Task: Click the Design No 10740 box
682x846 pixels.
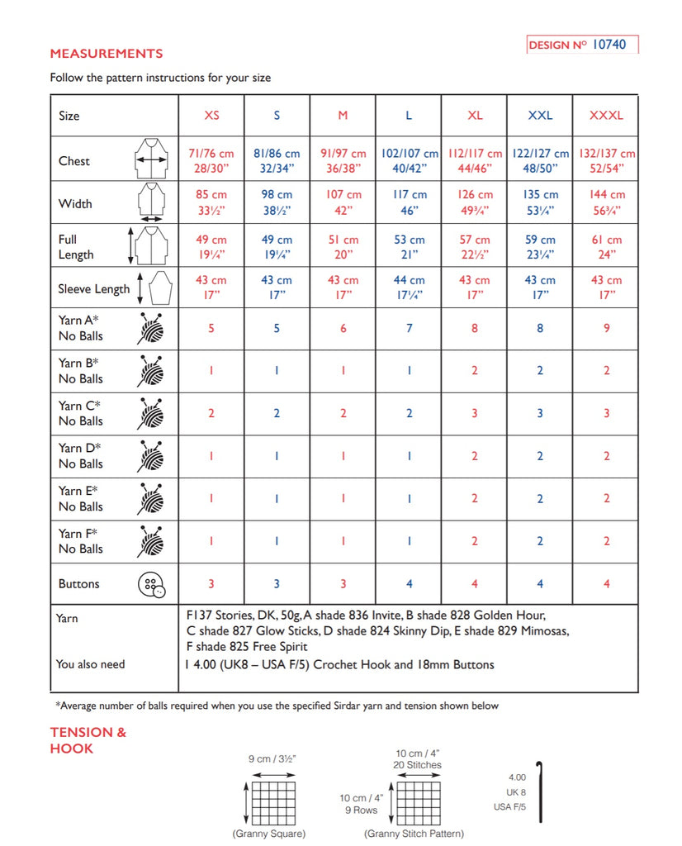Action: click(x=582, y=45)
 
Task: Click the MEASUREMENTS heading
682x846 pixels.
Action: click(x=107, y=54)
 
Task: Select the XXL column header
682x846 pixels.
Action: click(x=540, y=116)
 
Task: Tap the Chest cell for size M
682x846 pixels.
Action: click(x=343, y=161)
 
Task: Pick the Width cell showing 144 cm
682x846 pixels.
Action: click(x=606, y=203)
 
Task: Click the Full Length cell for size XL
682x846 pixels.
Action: click(x=475, y=247)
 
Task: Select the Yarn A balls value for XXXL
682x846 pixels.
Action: click(x=606, y=328)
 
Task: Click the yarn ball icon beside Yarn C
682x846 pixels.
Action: click(x=149, y=413)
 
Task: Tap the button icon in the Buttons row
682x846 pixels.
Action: click(x=150, y=584)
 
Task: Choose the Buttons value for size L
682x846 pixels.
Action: click(x=409, y=584)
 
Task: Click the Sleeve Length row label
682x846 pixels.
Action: click(x=93, y=289)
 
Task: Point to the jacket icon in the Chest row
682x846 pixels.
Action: click(x=150, y=159)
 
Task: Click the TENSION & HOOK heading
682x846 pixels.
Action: click(x=88, y=740)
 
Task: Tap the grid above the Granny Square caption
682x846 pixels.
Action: click(x=272, y=801)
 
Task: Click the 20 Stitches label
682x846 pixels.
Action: click(x=418, y=765)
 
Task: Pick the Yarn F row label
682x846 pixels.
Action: click(x=81, y=541)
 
